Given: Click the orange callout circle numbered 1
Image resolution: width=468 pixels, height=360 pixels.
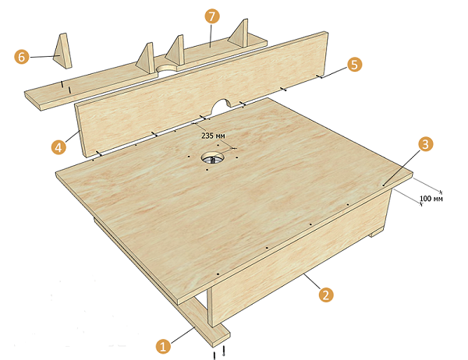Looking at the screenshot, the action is coord(163,347).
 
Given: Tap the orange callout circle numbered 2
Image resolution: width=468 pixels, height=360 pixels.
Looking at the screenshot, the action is coord(326,295).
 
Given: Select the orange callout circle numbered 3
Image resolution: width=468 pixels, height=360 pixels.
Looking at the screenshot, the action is coord(425,144).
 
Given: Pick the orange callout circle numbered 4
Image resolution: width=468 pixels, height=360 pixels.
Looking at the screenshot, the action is coord(58,147).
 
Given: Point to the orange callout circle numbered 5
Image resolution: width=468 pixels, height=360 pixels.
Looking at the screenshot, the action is coord(354,65).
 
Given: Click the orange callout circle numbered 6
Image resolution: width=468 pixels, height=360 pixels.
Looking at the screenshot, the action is coord(22,56).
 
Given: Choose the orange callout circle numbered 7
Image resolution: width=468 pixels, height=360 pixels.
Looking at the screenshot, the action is coord(212,16).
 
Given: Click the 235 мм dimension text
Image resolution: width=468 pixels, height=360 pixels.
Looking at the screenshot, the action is coord(214,136).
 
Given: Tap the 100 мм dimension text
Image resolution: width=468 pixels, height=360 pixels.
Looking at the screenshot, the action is coord(431,199).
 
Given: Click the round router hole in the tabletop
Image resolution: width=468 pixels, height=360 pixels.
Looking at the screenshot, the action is coord(212,157).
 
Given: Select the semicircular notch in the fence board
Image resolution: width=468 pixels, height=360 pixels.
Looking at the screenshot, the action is coord(221,107).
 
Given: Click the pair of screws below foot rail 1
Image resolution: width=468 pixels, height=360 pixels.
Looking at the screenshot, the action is coord(219,352).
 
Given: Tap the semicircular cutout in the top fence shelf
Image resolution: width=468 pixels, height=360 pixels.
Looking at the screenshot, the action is coord(168,68).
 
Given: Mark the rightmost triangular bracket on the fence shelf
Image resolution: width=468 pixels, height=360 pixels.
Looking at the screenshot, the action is coord(238,34).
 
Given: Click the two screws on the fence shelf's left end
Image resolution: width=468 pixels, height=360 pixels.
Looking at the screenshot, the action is coord(66,86).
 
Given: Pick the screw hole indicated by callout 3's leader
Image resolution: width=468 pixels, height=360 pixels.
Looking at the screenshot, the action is coord(384,185).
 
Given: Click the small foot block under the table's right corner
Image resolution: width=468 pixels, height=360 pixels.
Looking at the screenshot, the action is coord(377,232).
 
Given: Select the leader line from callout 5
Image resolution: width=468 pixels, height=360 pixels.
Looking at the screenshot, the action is coord(334,72).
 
